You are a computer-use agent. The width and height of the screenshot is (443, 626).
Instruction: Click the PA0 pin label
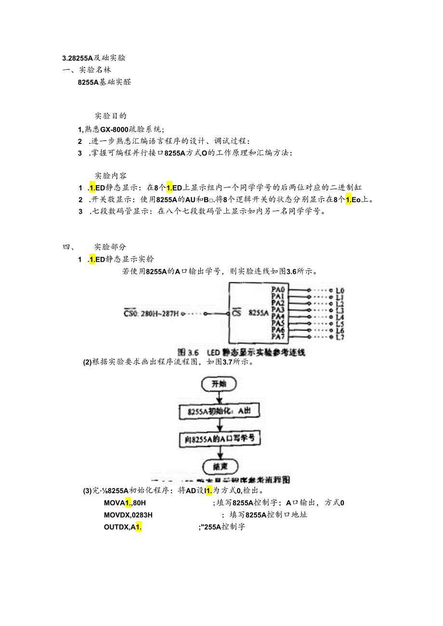click(278, 290)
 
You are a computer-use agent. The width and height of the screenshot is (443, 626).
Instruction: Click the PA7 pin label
click(278, 336)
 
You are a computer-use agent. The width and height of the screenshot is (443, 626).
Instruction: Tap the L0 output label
click(340, 291)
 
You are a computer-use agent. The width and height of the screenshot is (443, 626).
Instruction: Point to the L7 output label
click(340, 337)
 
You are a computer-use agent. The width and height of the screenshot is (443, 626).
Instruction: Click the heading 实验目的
click(110, 116)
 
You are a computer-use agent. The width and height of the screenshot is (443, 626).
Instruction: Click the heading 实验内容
click(110, 175)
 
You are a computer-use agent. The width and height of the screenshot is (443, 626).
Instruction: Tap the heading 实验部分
click(110, 247)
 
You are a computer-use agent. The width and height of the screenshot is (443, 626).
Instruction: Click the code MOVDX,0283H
click(128, 515)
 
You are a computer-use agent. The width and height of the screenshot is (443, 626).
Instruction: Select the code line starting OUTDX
click(122, 527)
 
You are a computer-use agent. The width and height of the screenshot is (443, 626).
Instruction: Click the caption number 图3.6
click(188, 352)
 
